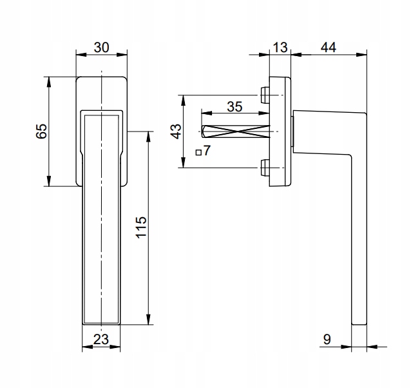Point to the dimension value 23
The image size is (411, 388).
tap(100, 340)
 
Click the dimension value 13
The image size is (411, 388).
tap(280, 48)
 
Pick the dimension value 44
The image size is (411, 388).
tap(329, 48)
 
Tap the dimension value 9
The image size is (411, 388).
tap(327, 338)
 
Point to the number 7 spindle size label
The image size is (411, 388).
tap(207, 151)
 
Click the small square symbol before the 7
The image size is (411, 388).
tap(198, 153)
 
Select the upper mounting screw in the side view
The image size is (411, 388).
tap(265, 95)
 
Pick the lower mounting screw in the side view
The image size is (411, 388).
tap(265, 168)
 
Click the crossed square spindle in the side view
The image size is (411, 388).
tap(235, 131)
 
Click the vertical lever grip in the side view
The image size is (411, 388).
tap(358, 245)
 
